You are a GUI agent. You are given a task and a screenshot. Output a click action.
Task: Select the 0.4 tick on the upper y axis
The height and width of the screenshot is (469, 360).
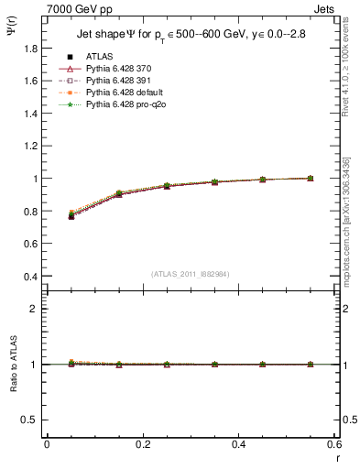pyautogui.click(x=32, y=277)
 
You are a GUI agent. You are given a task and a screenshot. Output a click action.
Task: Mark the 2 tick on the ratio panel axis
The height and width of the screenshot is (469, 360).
pyautogui.click(x=34, y=309)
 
